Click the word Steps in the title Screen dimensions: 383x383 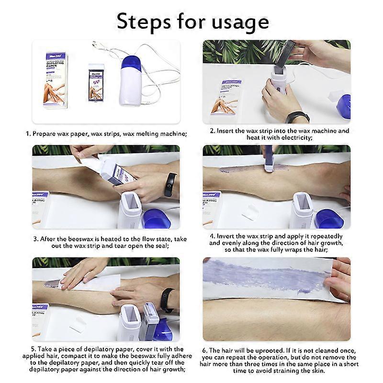click(x=144, y=22)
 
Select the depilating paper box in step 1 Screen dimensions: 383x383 click(x=56, y=80)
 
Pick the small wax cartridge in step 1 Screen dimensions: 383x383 click(x=96, y=82)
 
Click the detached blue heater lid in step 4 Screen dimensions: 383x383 click(x=328, y=219)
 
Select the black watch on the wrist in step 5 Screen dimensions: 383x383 click(x=167, y=300)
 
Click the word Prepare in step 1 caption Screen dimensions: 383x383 click(x=44, y=134)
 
